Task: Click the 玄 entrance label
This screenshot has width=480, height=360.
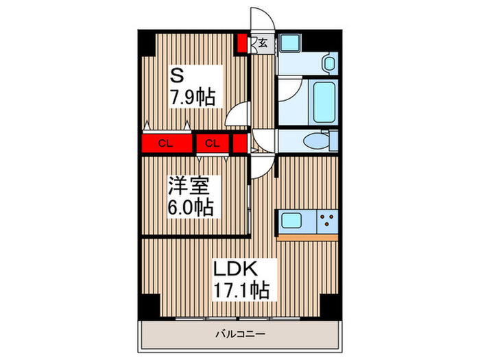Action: [x=263, y=43]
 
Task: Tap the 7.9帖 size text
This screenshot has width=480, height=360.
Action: [x=193, y=97]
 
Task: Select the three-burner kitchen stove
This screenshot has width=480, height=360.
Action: [x=326, y=221]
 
